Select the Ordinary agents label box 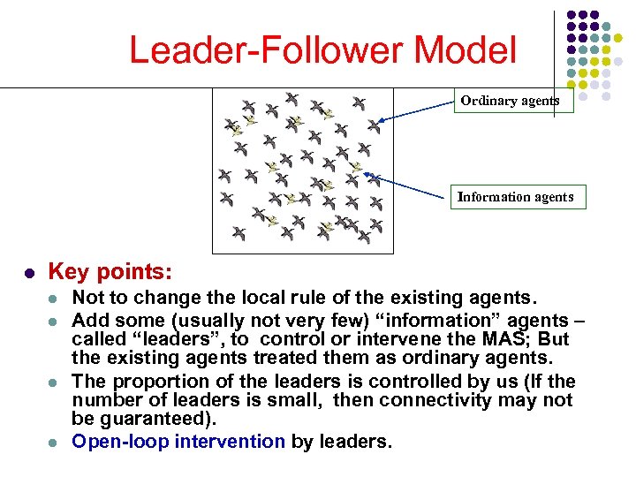510,101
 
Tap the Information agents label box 515,197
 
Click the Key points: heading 110,270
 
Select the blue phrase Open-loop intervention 178,441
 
